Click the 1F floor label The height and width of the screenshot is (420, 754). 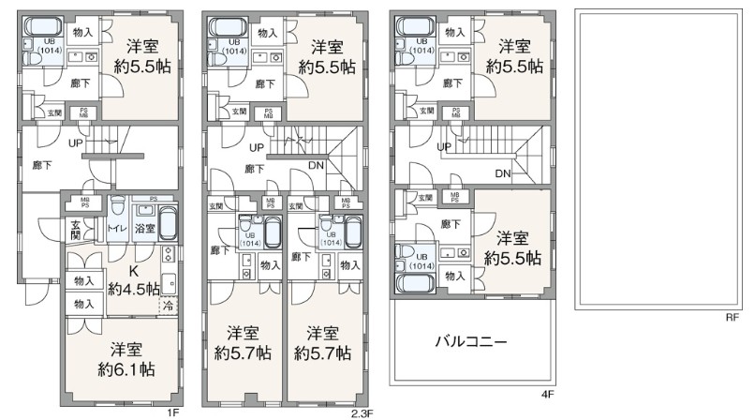point(173,411)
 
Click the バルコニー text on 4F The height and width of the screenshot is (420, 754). point(470,342)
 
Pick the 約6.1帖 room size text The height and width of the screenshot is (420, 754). point(122,369)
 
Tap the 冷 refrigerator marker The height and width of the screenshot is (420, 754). point(169,305)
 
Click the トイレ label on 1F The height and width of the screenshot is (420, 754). point(117,228)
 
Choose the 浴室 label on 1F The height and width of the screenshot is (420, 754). point(143,228)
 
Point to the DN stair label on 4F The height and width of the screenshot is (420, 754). point(502,173)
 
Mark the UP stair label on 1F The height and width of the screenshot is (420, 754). point(75,143)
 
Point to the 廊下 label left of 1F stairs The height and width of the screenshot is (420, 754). point(42,165)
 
